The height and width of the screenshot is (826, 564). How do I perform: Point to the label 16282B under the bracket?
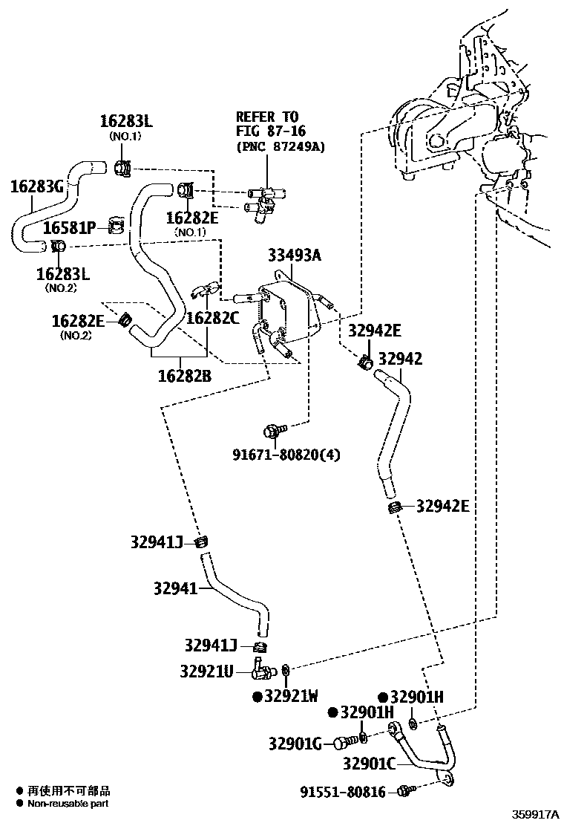184,376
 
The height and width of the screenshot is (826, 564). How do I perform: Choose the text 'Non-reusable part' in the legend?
68,804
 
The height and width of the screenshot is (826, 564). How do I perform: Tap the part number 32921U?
206,671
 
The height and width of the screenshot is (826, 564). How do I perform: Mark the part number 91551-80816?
343,793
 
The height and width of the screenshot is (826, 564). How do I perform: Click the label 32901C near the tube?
369,764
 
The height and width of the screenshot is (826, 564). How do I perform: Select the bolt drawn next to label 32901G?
341,742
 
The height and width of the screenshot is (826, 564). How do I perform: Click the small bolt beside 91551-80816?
404,791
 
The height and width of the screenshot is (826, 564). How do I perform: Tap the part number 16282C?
212,318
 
